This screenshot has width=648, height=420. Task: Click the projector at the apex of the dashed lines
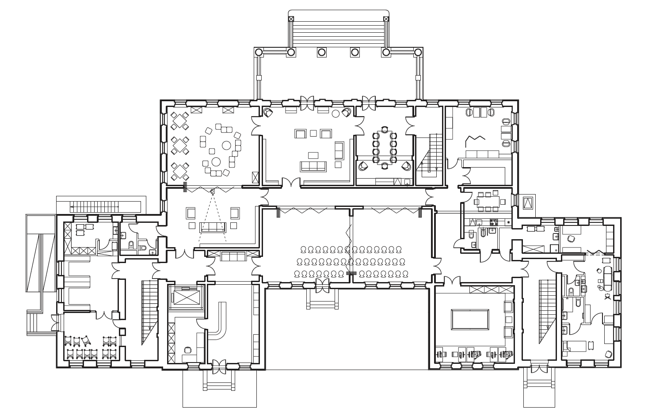213,192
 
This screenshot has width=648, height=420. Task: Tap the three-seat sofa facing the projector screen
213,227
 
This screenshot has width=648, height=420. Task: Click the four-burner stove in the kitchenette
494,222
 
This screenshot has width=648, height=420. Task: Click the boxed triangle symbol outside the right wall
528,203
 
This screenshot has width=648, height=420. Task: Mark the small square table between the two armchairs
313,133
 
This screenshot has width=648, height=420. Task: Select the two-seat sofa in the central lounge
339,151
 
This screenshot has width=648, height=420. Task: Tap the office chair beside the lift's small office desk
187,349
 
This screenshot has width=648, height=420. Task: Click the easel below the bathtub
608,296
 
